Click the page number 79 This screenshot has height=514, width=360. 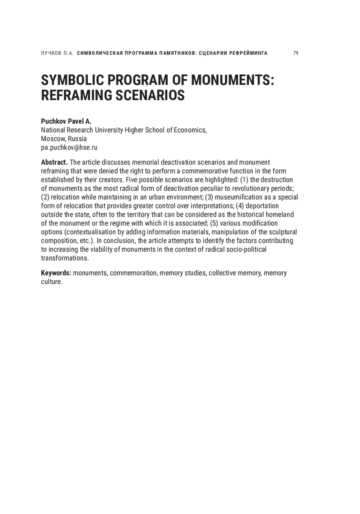coord(295,53)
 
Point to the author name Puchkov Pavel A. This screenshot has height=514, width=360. coord(66,121)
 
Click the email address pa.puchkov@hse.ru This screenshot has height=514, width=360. coord(69,148)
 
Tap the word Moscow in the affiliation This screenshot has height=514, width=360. coord(53,139)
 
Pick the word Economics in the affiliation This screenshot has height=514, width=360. coord(190,130)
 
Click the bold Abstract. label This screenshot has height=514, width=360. coord(54,162)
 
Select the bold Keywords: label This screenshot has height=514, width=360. coord(56,273)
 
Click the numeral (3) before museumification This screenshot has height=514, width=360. coord(209,197)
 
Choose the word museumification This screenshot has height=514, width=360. coord(238,197)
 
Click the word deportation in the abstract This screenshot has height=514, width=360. coord(262,206)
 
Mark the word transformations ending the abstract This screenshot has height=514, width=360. coord(65,258)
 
